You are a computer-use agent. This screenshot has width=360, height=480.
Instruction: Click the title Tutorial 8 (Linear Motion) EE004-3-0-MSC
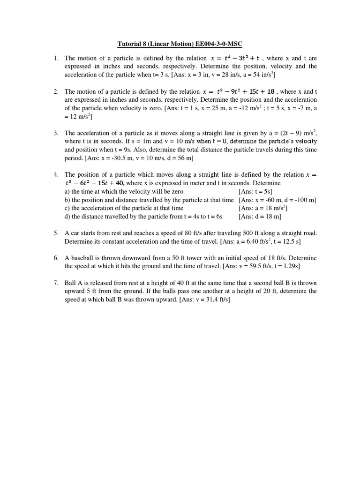pyautogui.click(x=180, y=45)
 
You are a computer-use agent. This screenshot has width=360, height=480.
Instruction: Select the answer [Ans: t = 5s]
pyautogui.click(x=255, y=191)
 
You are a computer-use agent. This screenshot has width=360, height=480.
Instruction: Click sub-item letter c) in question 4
pyautogui.click(x=67, y=208)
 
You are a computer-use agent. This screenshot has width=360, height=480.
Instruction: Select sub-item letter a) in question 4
pyautogui.click(x=67, y=191)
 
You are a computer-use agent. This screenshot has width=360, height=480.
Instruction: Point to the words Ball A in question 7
pyautogui.click(x=75, y=283)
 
